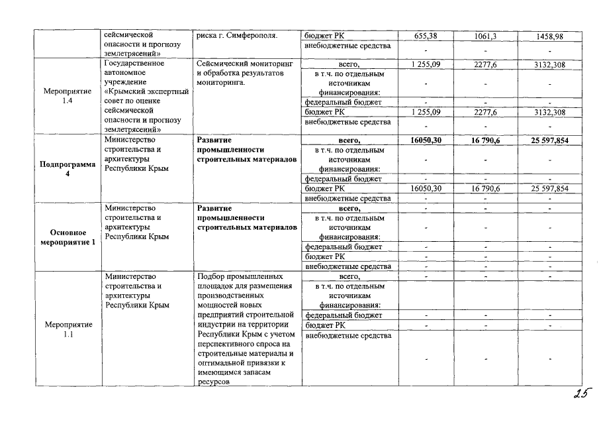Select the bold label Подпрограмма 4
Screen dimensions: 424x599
click(x=68, y=170)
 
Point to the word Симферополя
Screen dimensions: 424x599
click(x=253, y=35)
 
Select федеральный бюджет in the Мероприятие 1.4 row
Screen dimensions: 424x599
click(x=343, y=103)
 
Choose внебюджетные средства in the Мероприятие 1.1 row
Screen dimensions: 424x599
click(x=347, y=335)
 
